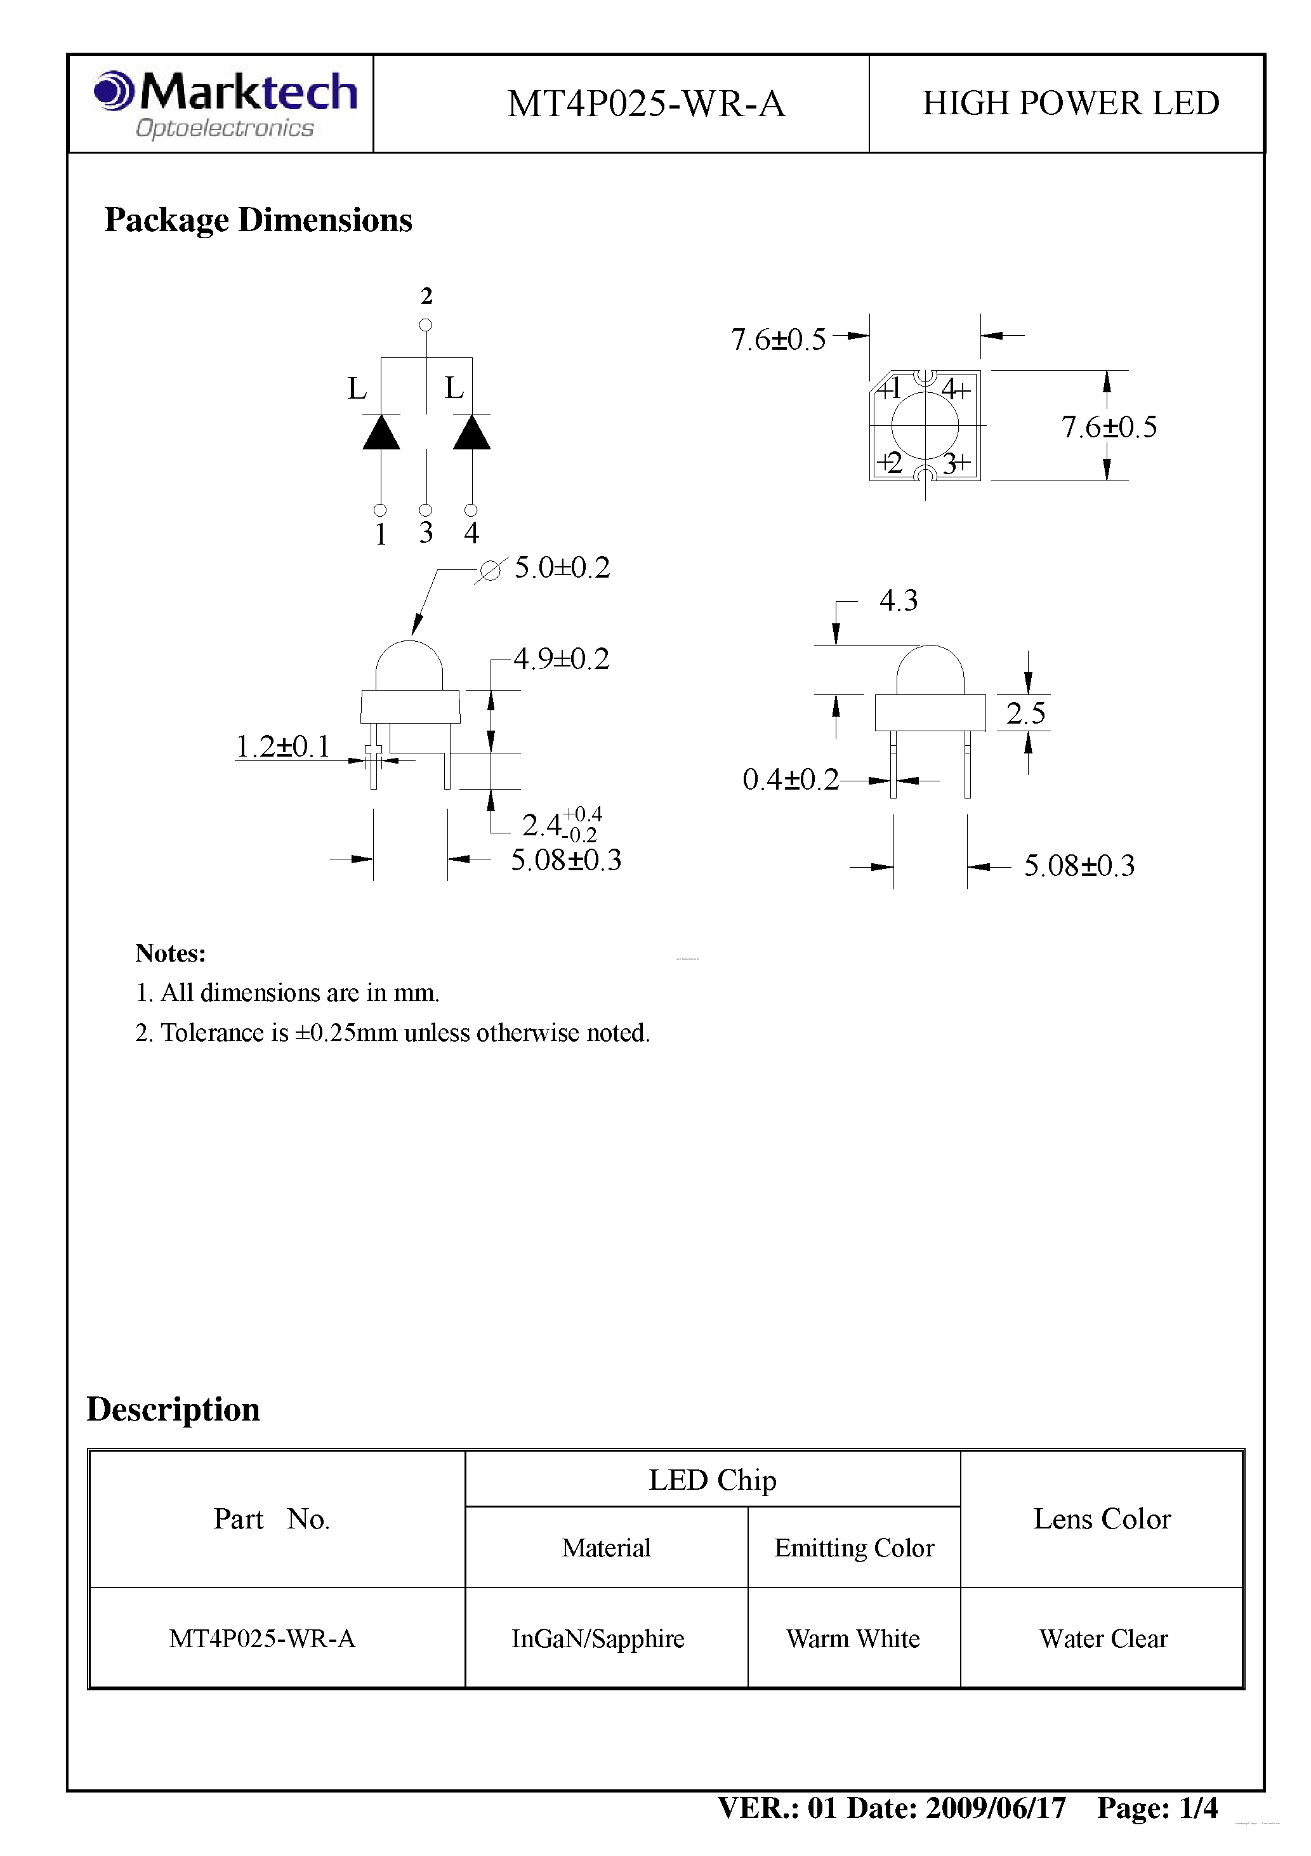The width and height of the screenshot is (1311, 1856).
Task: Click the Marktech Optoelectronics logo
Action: (x=225, y=104)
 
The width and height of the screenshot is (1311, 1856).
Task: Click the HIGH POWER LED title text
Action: (x=1070, y=103)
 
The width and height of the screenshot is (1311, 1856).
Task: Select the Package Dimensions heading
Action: (x=258, y=220)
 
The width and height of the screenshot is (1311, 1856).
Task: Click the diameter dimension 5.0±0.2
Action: (x=562, y=567)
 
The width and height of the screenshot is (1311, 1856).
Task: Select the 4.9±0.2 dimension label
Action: (x=562, y=659)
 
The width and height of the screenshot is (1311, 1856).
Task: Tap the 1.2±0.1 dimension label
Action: (x=283, y=746)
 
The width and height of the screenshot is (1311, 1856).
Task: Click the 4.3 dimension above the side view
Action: (x=898, y=600)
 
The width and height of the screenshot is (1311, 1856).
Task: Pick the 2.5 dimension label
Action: (x=1025, y=713)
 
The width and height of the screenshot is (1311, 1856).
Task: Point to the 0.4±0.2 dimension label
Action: (x=791, y=779)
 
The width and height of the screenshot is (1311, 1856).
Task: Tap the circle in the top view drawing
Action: (x=925, y=425)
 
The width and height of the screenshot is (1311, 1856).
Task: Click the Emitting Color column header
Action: (x=853, y=1548)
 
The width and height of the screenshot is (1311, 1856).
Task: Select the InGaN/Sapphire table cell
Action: (x=597, y=1638)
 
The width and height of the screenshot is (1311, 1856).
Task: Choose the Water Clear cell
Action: (x=1102, y=1638)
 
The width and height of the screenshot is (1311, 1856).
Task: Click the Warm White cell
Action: (x=853, y=1638)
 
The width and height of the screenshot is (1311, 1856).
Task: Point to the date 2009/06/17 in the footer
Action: (x=995, y=1808)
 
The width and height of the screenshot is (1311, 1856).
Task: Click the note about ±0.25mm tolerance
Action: (x=392, y=1033)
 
